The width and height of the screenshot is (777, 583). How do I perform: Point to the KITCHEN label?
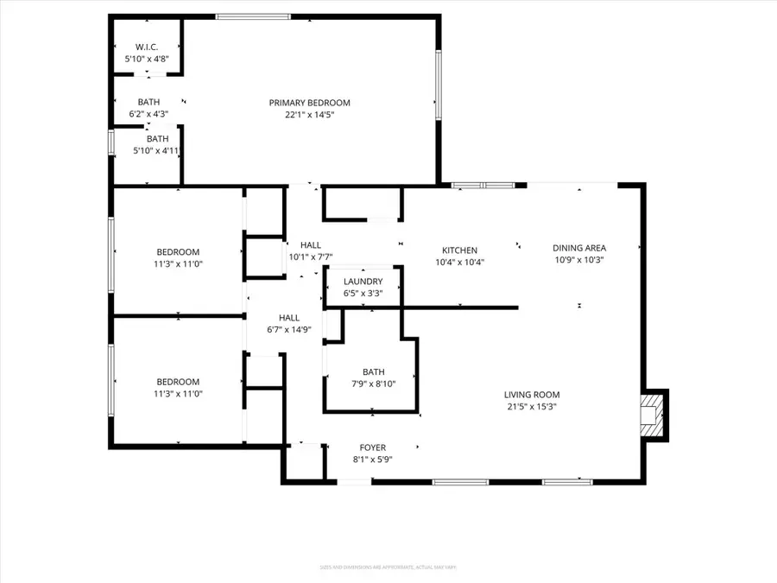459,250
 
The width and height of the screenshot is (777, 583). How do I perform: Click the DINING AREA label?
579,248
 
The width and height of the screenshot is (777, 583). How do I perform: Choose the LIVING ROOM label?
532,395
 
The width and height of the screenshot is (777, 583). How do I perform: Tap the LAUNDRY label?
363,282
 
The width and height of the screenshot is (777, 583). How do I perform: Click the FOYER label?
373,447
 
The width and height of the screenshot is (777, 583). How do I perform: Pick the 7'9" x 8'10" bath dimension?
373,383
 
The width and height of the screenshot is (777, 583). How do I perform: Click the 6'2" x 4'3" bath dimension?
148,113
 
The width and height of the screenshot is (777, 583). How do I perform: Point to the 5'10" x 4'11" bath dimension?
156,150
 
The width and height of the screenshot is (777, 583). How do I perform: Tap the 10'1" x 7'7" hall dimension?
310,257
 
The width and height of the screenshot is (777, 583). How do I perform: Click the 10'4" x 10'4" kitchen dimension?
459,262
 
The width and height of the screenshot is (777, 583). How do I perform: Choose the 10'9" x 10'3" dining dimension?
579,259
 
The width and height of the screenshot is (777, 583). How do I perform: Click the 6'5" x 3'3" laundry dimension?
363,293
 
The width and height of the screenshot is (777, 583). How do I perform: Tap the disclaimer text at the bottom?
388,567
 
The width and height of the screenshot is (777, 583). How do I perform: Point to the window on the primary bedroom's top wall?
241,16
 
